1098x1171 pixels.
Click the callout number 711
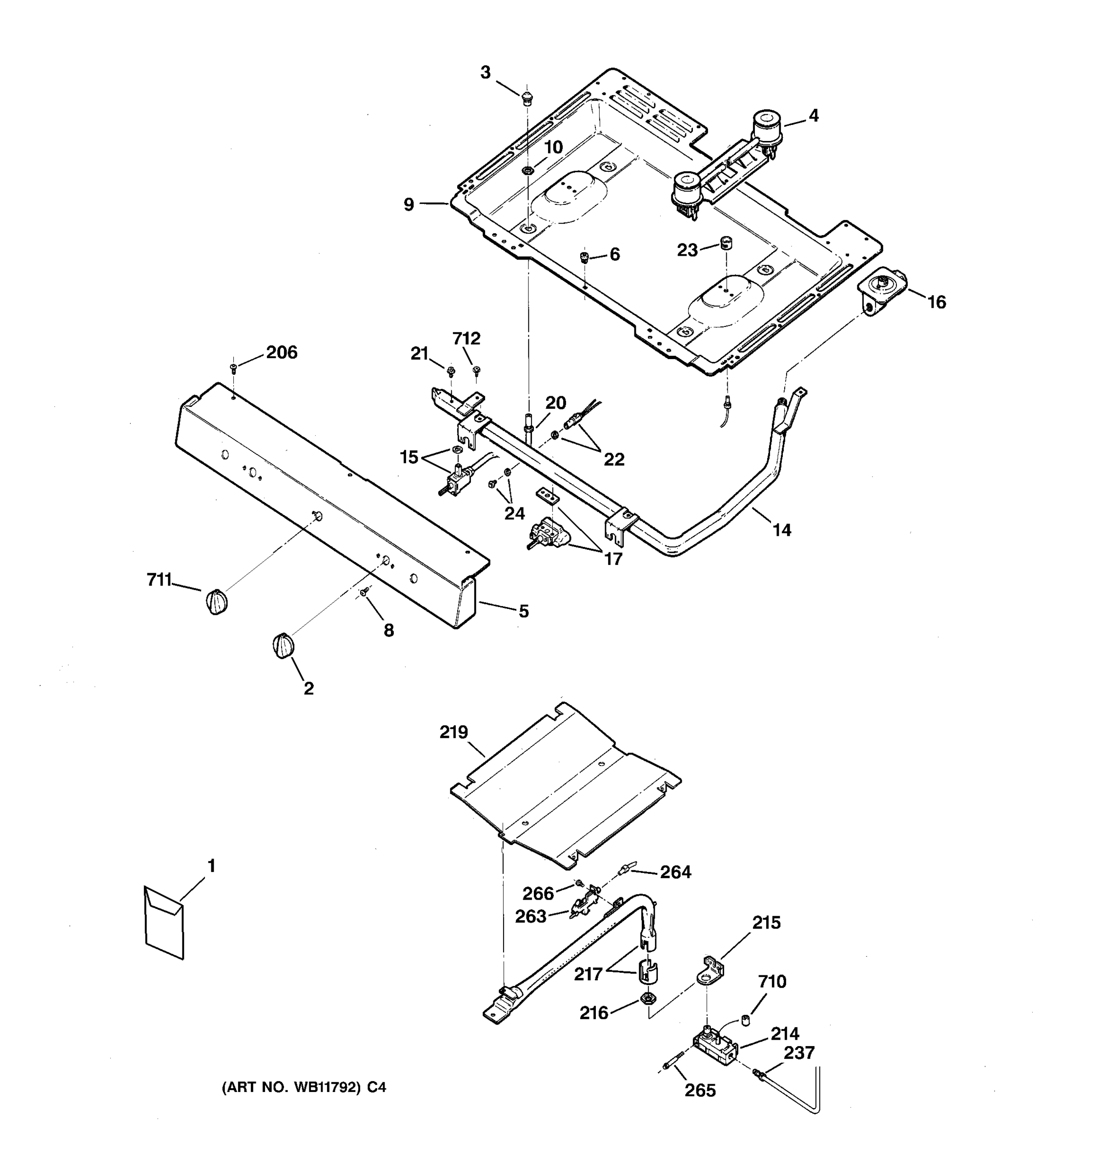click(x=159, y=580)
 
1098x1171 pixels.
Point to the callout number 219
click(x=453, y=732)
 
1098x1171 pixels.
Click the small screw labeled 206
click(x=234, y=367)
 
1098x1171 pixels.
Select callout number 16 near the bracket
click(x=936, y=302)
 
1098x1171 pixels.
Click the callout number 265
click(x=700, y=1091)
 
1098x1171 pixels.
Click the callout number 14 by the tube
click(x=782, y=530)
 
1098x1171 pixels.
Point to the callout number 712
click(x=467, y=338)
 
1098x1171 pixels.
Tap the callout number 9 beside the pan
click(x=409, y=204)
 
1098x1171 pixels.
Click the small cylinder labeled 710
click(x=745, y=1018)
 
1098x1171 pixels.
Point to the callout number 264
click(x=676, y=872)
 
